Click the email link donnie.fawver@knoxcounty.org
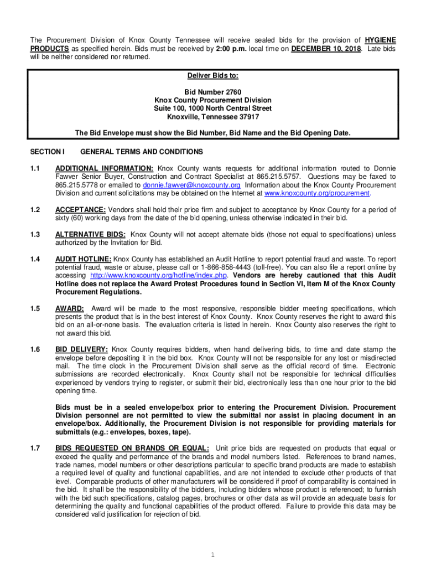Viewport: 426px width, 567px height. click(191, 185)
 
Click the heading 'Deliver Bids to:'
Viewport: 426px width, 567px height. click(212, 75)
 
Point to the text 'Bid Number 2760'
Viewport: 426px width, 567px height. click(212, 91)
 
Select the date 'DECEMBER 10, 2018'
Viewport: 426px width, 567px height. click(326, 49)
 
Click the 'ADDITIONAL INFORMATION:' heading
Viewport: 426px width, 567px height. click(105, 168)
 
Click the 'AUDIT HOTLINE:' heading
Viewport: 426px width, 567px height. click(84, 259)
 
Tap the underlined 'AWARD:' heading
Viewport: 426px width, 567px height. click(70, 308)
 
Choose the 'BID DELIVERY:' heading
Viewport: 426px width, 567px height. click(82, 349)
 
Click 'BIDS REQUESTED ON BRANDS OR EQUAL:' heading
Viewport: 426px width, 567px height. click(132, 448)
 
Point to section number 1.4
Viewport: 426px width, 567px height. click(35, 259)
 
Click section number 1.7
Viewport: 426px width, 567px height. click(35, 448)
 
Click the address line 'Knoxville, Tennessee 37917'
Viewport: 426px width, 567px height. click(212, 117)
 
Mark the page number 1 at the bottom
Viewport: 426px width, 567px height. click(212, 554)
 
